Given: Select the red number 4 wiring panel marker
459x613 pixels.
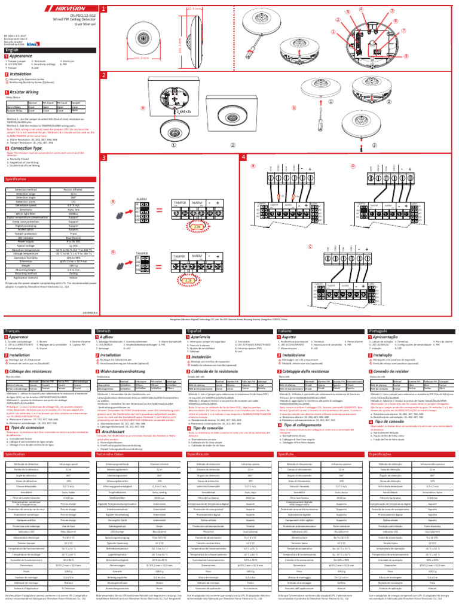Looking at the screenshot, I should pos(244,157).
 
